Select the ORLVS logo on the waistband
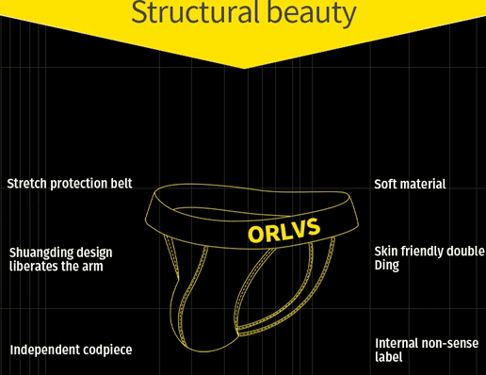(x=282, y=230)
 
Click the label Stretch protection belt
(x=70, y=183)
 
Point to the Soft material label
(x=410, y=184)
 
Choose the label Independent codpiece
(x=71, y=350)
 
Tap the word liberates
(x=37, y=266)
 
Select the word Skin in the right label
(x=387, y=252)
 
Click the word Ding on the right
(x=387, y=265)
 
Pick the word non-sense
(x=455, y=343)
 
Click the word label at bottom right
(x=389, y=357)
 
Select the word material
(x=424, y=184)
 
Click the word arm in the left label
(x=92, y=266)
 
